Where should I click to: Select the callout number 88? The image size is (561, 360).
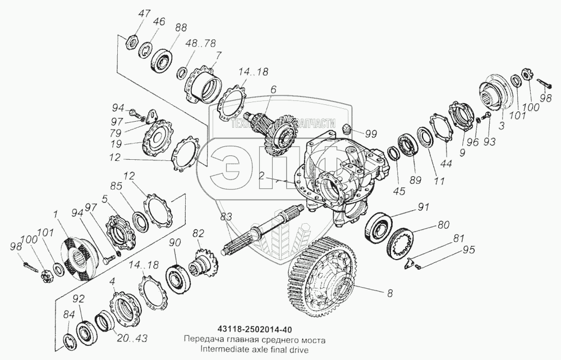pyautogui.click(x=181, y=27)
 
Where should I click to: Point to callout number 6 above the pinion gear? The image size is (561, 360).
pyautogui.click(x=273, y=90)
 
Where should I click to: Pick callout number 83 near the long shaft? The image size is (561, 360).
pyautogui.click(x=226, y=217)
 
